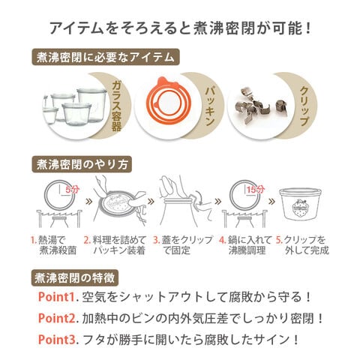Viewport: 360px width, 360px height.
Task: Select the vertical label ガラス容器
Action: tap(117, 106)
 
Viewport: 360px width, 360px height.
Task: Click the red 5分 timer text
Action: tap(73, 190)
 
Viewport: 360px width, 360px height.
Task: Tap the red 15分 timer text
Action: tap(256, 190)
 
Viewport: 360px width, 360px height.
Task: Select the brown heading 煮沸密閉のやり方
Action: tap(82, 165)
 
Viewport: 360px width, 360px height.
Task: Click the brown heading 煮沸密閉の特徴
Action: tap(75, 277)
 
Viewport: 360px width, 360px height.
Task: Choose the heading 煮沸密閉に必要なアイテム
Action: tap(106, 57)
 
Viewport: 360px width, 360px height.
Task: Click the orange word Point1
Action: tap(56, 297)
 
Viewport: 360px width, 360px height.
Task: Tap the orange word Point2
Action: tap(56, 318)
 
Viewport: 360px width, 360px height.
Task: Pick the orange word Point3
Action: tap(56, 340)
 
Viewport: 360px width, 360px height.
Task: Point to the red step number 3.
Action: tap(156, 240)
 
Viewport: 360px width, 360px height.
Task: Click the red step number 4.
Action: tap(222, 240)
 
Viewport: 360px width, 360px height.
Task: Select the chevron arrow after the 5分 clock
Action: tap(88, 201)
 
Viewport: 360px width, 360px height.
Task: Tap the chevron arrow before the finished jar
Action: tap(271, 202)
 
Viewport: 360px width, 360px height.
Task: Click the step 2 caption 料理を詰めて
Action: tap(119, 240)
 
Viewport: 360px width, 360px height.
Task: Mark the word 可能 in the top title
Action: tap(287, 28)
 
